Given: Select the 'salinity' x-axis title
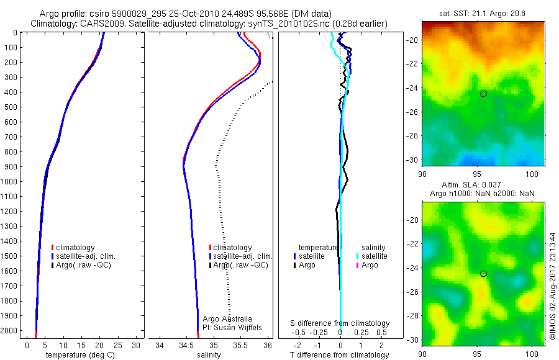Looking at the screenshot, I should click(x=209, y=355).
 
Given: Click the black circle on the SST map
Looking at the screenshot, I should click(x=483, y=94).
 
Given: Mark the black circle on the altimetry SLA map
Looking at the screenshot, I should click(x=483, y=274).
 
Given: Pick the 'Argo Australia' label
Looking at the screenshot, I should click(x=227, y=318).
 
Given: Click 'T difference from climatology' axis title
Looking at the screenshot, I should click(x=340, y=355).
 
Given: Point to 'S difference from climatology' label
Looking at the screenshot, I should click(x=340, y=323).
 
